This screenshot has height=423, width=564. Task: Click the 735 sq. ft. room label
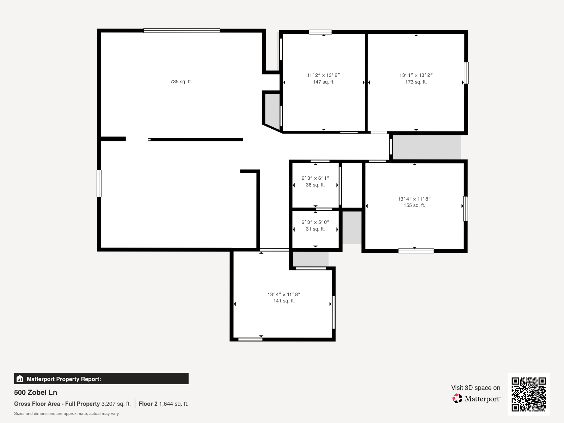pos(181,82)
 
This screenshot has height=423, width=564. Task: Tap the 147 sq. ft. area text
pos(324,82)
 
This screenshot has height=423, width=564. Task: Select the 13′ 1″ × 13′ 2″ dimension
pos(416,75)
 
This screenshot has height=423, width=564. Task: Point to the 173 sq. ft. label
pos(416,82)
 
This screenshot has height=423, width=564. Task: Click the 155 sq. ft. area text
pos(414,205)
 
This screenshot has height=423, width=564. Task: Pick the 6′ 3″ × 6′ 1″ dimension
pos(315,178)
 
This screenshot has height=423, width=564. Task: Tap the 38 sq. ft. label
pos(315,185)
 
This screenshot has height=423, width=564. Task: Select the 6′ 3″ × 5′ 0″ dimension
pos(315,222)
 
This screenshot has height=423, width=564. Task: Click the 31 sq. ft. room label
pos(315,229)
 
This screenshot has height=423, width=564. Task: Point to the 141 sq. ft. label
pos(284,301)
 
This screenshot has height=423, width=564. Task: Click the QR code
pos(528,394)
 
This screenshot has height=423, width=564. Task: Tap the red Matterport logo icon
pos(457,398)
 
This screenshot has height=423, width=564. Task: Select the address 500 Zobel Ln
pos(36,392)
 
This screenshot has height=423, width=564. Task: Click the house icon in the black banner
pos(20,379)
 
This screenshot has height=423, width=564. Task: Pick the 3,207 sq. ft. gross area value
pos(116,404)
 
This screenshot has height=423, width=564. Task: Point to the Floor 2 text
pos(148,404)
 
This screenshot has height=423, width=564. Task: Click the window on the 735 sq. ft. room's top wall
pos(182,31)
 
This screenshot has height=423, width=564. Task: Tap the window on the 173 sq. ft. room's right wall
pos(466,73)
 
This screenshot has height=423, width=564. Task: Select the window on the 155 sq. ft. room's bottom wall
pos(416,251)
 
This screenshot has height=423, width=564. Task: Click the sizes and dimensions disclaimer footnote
pos(66,413)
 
